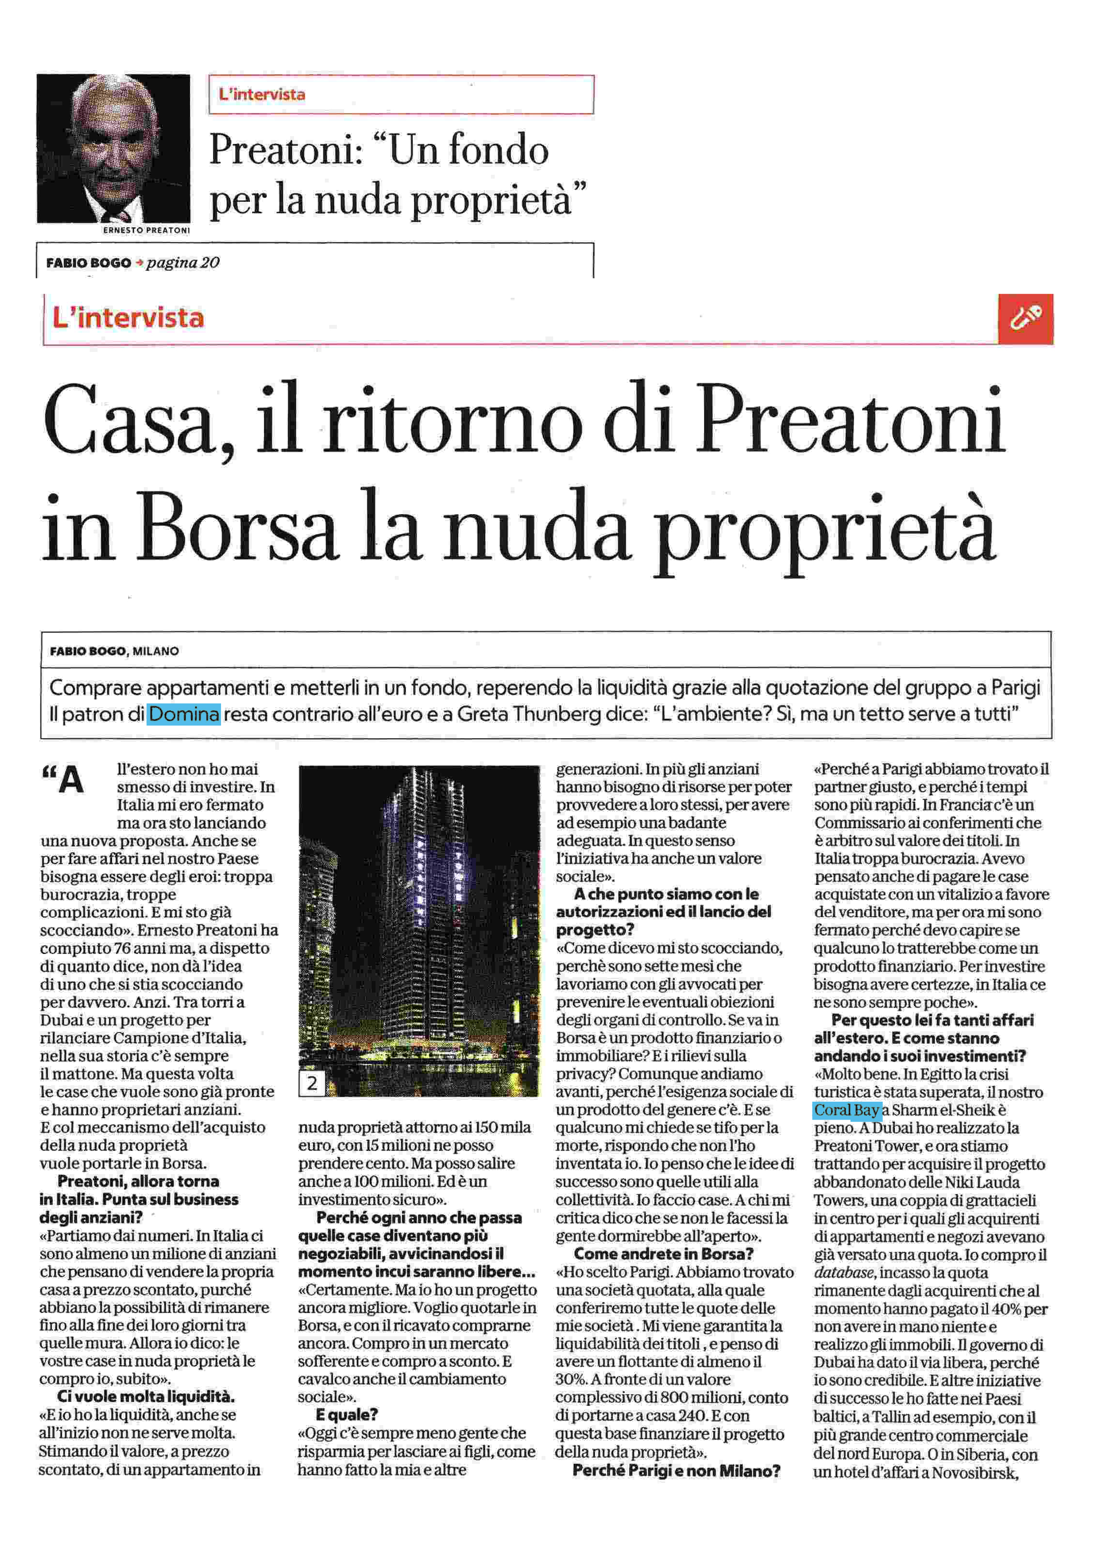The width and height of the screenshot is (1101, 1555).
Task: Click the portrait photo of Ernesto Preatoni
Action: [x=113, y=149]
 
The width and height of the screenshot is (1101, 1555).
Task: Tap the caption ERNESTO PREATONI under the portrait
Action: [x=146, y=230]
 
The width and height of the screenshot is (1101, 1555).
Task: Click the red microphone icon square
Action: [x=1025, y=319]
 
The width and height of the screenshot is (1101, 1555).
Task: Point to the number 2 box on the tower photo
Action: [x=312, y=1083]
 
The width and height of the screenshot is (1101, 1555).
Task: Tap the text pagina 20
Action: [x=182, y=263]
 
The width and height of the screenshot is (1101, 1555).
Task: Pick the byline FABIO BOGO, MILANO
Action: [x=114, y=651]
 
